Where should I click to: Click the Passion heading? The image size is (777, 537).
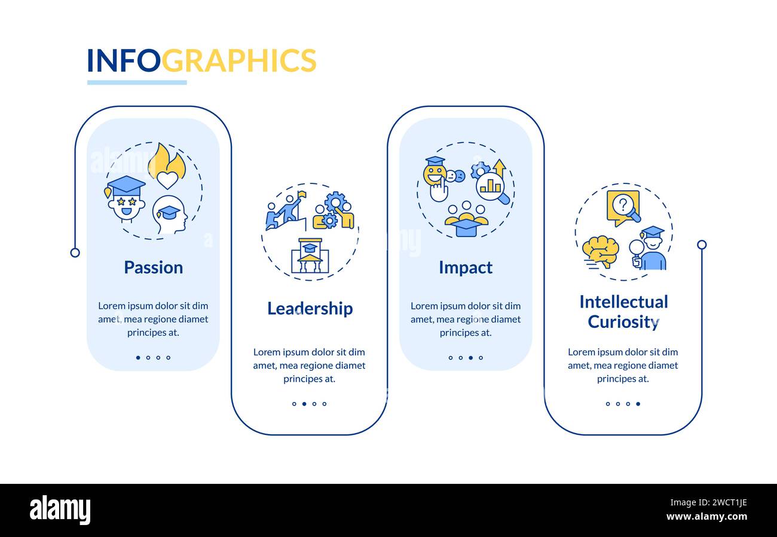coord(154,268)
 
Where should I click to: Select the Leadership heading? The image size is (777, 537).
coord(310,308)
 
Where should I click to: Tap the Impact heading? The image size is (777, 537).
coord(466,268)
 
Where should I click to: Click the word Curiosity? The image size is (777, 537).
coord(623,322)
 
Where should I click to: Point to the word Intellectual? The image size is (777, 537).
coord(623,302)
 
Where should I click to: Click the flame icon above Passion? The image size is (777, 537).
coord(167,165)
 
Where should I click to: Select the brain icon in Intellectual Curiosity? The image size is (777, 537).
coord(600,251)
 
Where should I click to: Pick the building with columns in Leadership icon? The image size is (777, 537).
coord(310,256)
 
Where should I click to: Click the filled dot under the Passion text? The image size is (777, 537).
coord(139,357)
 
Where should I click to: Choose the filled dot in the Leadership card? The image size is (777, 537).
coord(304,404)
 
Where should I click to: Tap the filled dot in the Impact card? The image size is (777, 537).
coord(471,357)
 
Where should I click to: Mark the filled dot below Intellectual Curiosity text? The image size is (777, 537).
coord(638,404)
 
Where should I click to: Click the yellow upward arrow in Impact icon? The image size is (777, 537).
coord(500,167)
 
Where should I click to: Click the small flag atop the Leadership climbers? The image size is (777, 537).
coord(302,195)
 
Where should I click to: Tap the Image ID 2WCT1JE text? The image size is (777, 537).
coord(708,502)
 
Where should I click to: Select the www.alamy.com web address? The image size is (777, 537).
coord(706,516)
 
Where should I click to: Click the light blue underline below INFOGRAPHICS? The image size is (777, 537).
coord(137,82)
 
